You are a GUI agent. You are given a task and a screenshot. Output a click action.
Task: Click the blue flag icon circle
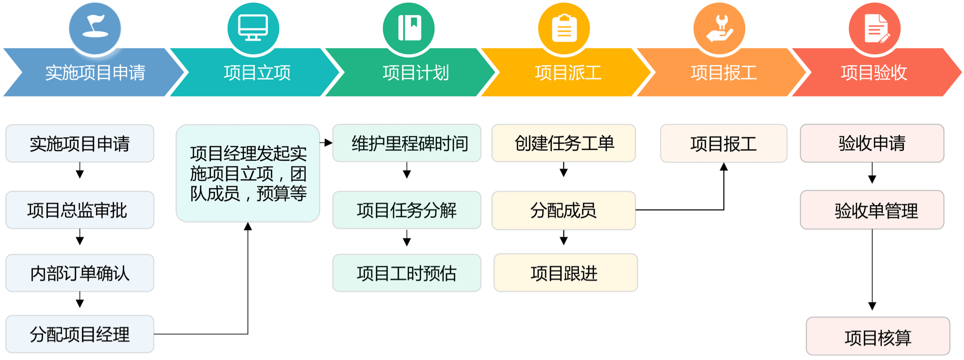95,28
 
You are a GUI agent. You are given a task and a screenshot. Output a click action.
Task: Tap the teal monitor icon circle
253,28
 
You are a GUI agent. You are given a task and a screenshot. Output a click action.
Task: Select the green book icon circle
409,28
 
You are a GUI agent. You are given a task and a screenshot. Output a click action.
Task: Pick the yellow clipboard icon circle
564,28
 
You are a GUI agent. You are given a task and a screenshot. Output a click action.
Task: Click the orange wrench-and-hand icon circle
719,28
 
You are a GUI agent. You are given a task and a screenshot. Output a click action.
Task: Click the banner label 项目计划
416,73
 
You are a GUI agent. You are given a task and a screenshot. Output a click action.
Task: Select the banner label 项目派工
568,73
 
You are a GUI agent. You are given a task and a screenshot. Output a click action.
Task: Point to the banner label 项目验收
874,73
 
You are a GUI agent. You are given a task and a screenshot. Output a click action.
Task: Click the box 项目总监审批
80,210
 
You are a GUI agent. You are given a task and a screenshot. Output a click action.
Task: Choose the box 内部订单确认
80,273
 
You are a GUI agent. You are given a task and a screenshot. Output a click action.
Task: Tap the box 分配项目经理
80,334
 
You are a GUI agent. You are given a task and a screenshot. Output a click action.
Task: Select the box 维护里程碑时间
407,143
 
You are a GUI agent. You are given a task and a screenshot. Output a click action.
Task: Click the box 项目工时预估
407,273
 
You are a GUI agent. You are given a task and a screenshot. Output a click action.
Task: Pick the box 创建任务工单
564,143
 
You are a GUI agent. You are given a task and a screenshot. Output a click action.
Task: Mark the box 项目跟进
565,273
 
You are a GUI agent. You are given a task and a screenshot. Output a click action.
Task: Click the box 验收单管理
872,210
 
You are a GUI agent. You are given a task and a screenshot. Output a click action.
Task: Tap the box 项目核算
878,337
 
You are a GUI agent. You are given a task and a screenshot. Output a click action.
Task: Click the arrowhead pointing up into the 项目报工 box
724,167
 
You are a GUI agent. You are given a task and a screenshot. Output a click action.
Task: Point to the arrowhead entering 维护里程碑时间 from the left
329,143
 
